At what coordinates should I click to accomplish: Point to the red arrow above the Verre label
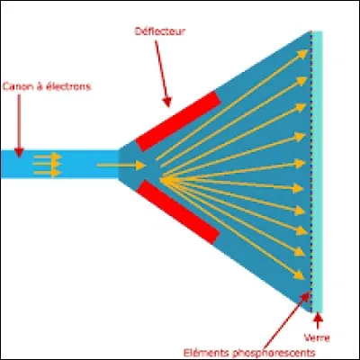pos(318,320)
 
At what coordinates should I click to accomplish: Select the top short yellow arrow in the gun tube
pos(48,157)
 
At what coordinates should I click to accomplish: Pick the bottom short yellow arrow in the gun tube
pos(48,174)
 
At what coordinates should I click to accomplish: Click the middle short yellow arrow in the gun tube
pos(48,165)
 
